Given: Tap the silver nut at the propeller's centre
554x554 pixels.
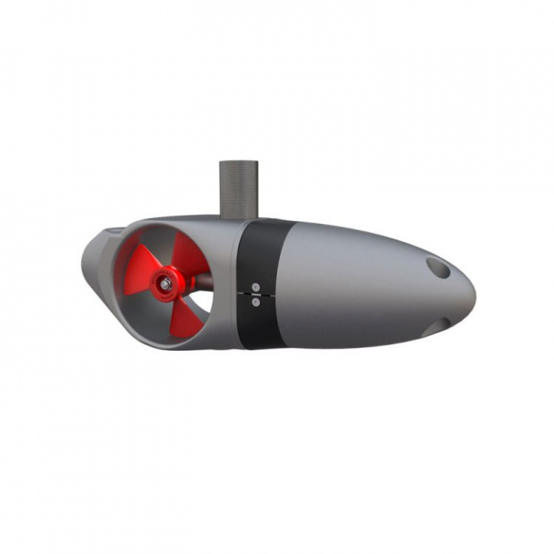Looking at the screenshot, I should point(165,284).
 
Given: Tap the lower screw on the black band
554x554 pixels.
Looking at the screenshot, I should point(255,302).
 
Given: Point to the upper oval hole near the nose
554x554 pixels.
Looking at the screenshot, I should point(439,267).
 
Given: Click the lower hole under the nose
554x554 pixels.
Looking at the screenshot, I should point(436,325).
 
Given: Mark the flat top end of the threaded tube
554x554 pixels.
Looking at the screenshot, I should point(239,162).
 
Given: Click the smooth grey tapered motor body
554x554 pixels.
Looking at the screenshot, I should point(354,285).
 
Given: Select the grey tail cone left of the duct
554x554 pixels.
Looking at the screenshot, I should point(95,262).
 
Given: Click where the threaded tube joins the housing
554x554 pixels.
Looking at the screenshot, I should point(239,218).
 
